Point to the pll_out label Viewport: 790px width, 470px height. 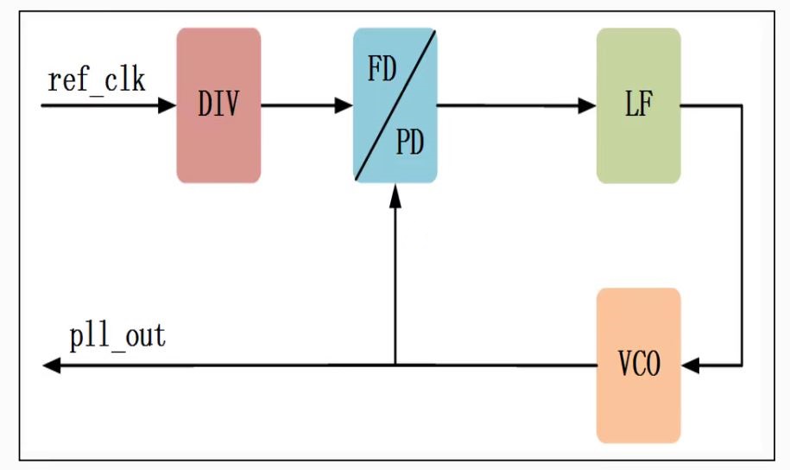[x=117, y=337]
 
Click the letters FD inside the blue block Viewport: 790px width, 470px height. [x=382, y=69]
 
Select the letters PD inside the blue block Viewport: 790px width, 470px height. [x=410, y=143]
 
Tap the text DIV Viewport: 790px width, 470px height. [x=218, y=105]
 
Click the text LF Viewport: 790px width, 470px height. [x=638, y=105]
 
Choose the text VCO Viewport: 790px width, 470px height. [x=639, y=365]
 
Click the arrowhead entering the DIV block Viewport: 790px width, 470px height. [x=167, y=106]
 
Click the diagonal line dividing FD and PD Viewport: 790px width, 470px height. [x=395, y=105]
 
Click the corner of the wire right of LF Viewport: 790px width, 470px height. [x=742, y=106]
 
